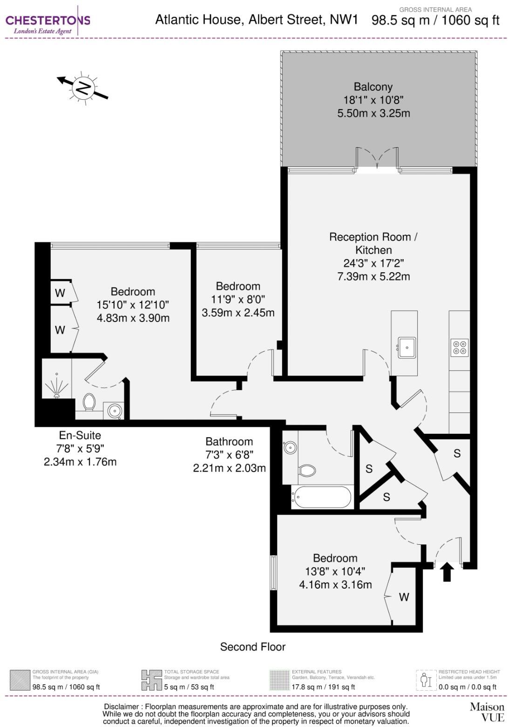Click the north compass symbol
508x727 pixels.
tap(83, 88)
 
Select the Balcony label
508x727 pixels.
tap(373, 87)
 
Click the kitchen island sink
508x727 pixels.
tap(407, 347)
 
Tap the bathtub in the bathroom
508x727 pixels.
tap(321, 497)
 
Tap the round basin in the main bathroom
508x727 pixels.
tap(290, 448)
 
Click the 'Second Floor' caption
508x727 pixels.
tap(253, 647)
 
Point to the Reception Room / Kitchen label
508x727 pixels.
tap(373, 243)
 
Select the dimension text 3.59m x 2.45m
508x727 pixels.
tap(238, 313)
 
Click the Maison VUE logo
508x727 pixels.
tap(487, 712)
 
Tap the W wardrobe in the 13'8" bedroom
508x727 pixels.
tap(404, 597)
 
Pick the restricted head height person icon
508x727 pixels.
tap(425, 680)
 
